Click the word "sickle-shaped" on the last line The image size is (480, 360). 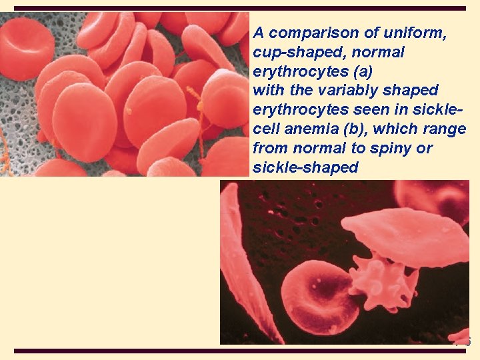305,167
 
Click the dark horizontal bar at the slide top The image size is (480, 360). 240,8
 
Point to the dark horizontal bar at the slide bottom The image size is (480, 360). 240,351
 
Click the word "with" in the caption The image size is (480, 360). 267,90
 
